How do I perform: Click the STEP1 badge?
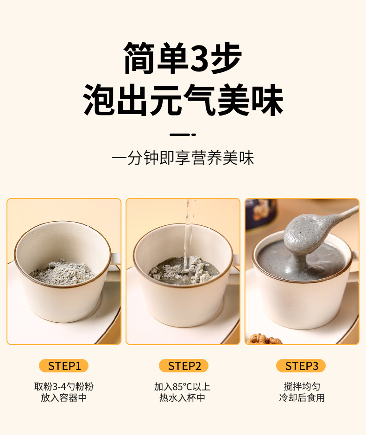(64, 366)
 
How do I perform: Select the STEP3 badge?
(302, 366)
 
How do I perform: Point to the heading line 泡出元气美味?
(183, 100)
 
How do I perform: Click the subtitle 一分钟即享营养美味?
(183, 158)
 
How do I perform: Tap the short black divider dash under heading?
(183, 134)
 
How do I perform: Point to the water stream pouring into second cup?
(189, 227)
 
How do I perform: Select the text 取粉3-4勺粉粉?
(64, 386)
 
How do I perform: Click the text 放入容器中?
(64, 398)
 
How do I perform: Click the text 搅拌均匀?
(302, 386)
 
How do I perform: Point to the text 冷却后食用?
(302, 398)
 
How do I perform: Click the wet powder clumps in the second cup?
(176, 271)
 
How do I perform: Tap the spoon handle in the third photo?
(343, 215)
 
